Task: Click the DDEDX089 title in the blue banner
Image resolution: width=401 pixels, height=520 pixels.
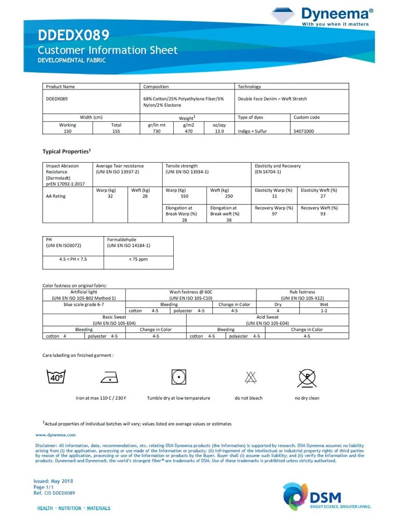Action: (73, 35)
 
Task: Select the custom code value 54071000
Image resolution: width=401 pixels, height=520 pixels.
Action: (304, 132)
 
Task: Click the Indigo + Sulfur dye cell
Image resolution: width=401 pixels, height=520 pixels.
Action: (252, 132)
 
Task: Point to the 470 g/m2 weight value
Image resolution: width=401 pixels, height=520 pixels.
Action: (188, 132)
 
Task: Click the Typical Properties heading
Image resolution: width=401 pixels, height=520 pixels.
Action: (67, 151)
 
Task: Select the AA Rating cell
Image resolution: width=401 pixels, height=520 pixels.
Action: (56, 197)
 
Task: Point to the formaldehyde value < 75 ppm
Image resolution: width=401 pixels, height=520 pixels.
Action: (138, 259)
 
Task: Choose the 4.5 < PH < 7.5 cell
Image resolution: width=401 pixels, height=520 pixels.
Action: (73, 259)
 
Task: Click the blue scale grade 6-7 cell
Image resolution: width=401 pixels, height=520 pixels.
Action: (83, 304)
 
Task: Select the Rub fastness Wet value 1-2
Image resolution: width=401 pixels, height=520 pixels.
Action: (324, 310)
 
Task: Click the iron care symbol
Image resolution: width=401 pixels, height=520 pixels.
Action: (109, 377)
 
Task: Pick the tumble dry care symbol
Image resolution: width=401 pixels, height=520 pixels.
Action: (178, 376)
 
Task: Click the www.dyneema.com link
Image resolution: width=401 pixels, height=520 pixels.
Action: (56, 435)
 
